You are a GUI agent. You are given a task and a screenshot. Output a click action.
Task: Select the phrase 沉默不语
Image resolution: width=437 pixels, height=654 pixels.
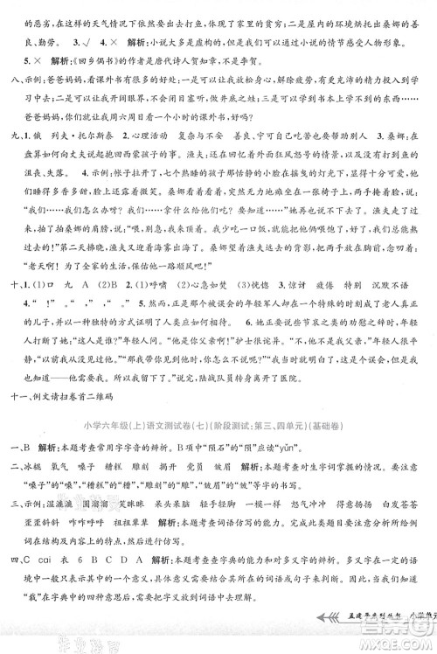pos(397,336)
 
